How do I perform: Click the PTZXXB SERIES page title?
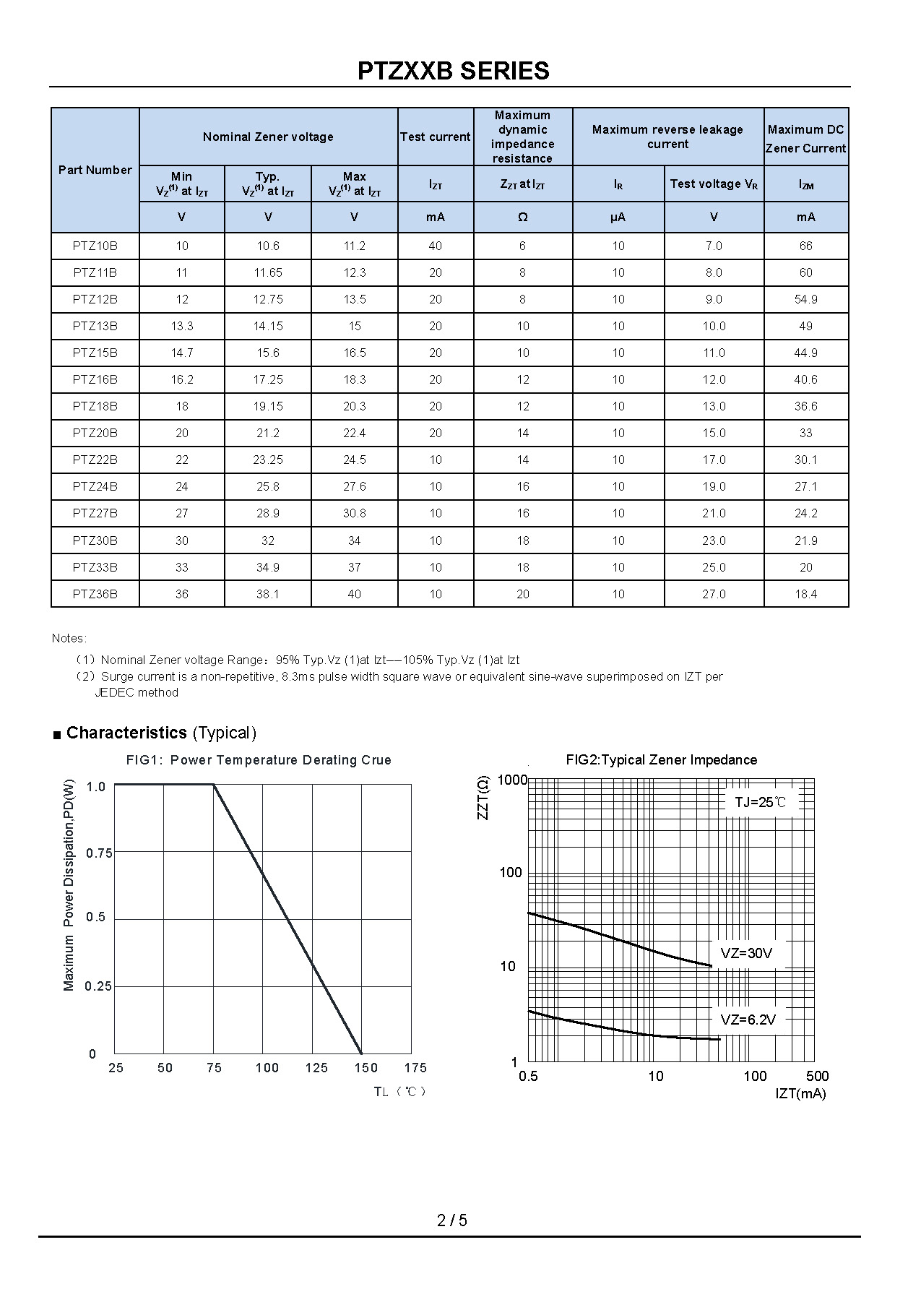[453, 71]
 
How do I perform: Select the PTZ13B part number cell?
[95, 326]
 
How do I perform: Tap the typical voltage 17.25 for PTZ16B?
[268, 379]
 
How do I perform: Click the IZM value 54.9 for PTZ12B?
[805, 299]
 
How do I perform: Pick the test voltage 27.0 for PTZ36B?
[713, 594]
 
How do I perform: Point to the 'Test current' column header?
[435, 137]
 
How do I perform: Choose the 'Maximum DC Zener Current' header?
[805, 139]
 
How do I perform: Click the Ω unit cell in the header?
[522, 217]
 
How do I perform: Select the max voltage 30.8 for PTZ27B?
[354, 513]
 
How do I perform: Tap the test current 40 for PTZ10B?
[435, 246]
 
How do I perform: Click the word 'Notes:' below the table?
[69, 638]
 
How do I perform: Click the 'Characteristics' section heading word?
[126, 733]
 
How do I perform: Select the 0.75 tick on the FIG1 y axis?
[99, 853]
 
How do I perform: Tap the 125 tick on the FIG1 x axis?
[316, 1068]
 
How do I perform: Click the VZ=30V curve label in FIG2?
[746, 953]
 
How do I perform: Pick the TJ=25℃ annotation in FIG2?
[761, 802]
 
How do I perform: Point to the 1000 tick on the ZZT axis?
[512, 780]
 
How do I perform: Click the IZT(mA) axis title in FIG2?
[800, 1093]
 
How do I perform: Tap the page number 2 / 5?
[452, 1220]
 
